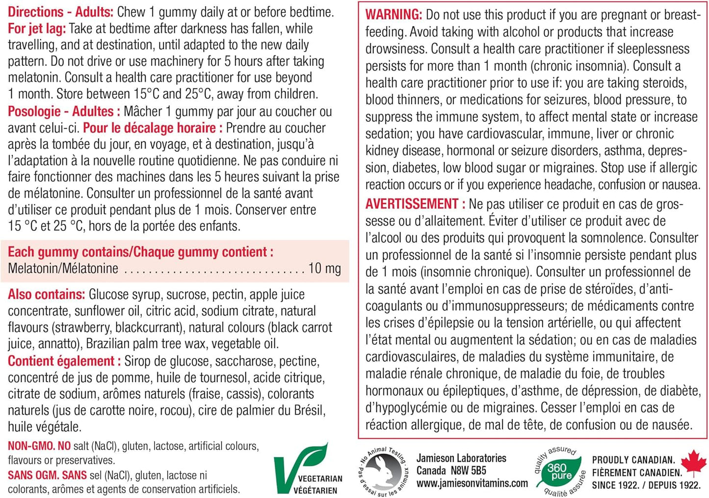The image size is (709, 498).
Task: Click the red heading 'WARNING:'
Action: tap(394, 15)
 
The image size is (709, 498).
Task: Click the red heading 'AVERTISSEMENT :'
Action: tap(415, 204)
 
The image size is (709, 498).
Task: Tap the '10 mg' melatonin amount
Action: tap(324, 269)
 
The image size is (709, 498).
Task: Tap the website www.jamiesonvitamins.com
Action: tap(472, 483)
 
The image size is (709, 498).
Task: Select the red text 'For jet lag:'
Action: tap(37, 28)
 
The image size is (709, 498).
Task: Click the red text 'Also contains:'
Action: tap(47, 295)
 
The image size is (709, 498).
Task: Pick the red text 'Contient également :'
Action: tap(64, 361)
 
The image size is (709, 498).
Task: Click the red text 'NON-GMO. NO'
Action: tap(39, 446)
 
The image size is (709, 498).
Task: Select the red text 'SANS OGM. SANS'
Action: tap(47, 475)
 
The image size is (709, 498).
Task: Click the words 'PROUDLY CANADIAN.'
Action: tap(633, 460)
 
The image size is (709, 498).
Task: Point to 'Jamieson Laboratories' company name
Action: tap(461, 458)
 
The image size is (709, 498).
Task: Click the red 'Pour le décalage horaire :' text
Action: tap(153, 128)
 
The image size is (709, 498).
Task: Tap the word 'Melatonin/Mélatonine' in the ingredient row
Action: tap(63, 269)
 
